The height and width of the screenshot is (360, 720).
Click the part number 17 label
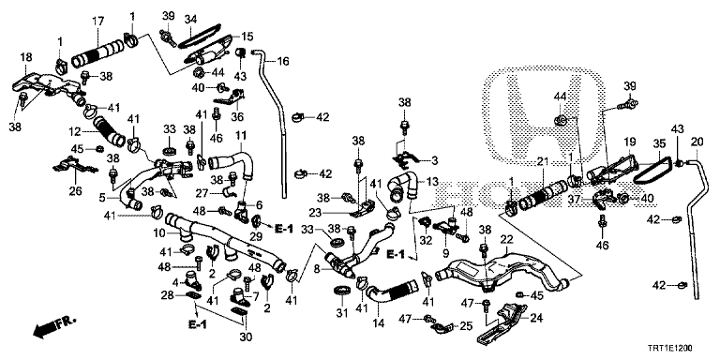point(97,22)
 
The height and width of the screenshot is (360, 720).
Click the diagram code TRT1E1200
point(672,349)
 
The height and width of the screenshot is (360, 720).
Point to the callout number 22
point(506,239)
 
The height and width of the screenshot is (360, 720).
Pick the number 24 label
point(536,318)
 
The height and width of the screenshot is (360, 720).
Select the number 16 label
point(283,61)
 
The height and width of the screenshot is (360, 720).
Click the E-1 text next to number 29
point(284,228)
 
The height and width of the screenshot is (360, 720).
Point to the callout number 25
point(466,326)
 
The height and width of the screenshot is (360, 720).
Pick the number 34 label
point(190,20)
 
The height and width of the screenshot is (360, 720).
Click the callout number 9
point(445,252)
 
